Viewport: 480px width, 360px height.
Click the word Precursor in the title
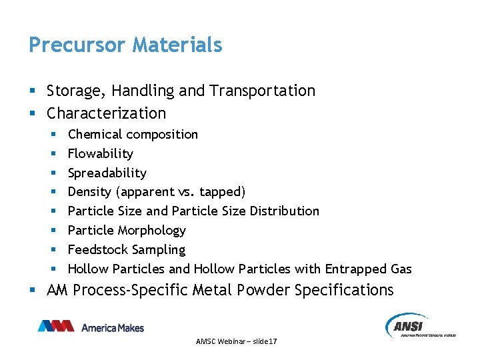[77, 45]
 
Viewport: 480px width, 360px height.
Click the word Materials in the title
[177, 45]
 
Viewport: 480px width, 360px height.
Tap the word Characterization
[106, 113]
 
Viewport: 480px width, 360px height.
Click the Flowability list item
[100, 154]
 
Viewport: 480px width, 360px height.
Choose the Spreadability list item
[107, 173]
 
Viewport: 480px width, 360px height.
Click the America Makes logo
[91, 327]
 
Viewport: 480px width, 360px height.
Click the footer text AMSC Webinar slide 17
[237, 341]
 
